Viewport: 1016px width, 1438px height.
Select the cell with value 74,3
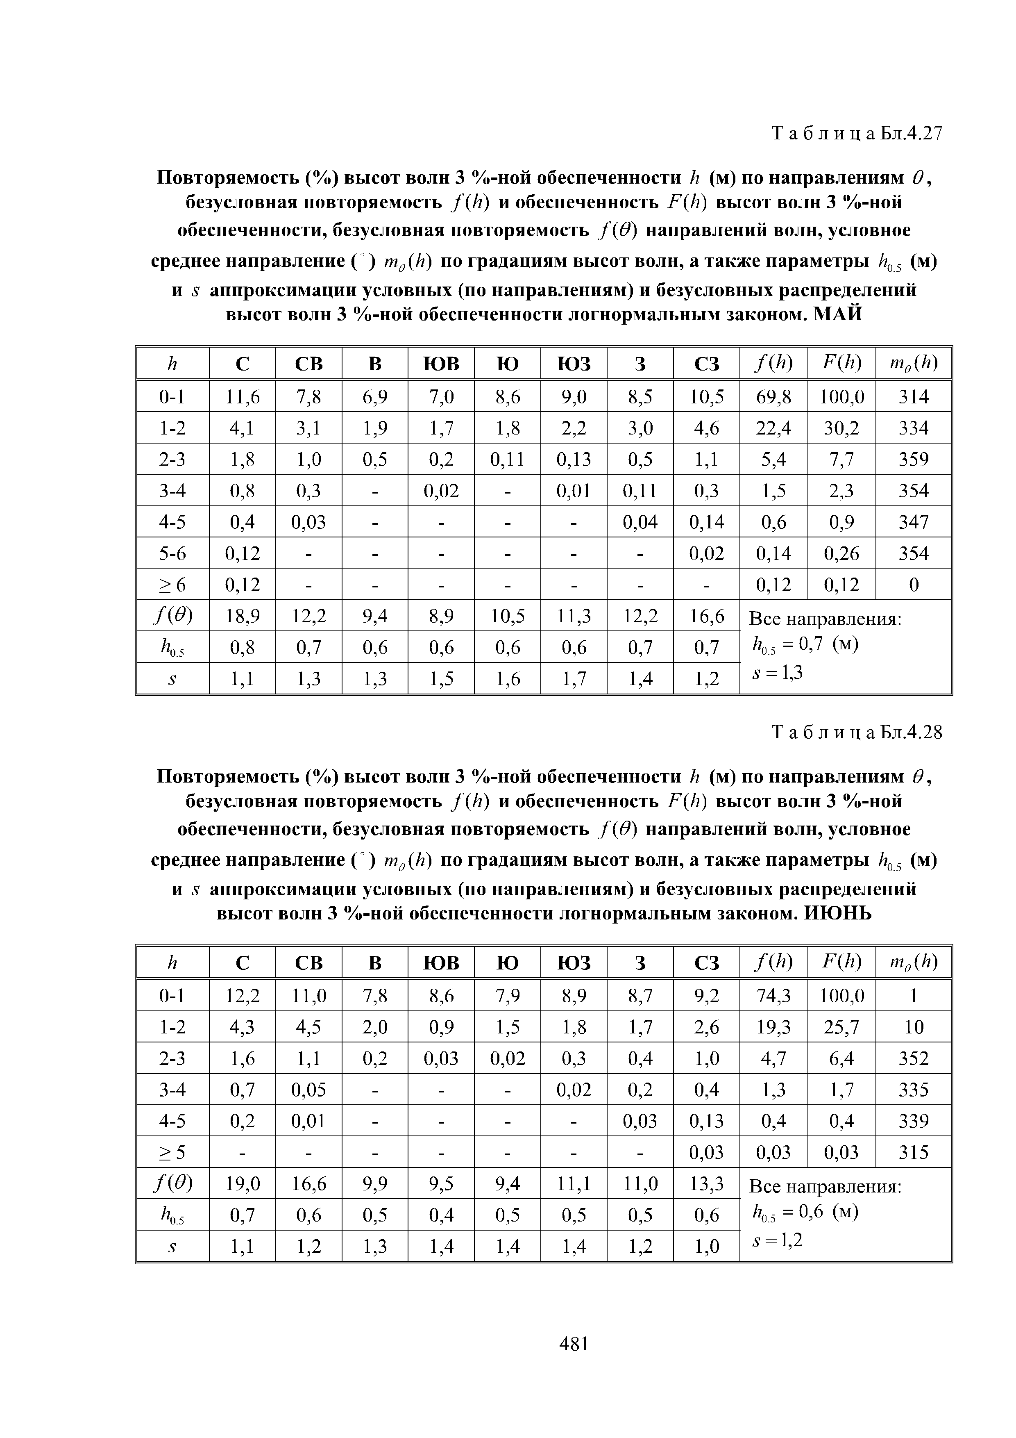tap(774, 996)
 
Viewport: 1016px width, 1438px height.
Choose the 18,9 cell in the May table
tap(242, 617)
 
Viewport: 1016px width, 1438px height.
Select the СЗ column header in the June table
tap(706, 962)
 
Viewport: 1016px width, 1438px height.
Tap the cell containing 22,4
tap(774, 428)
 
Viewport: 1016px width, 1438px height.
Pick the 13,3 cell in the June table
tap(706, 1184)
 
